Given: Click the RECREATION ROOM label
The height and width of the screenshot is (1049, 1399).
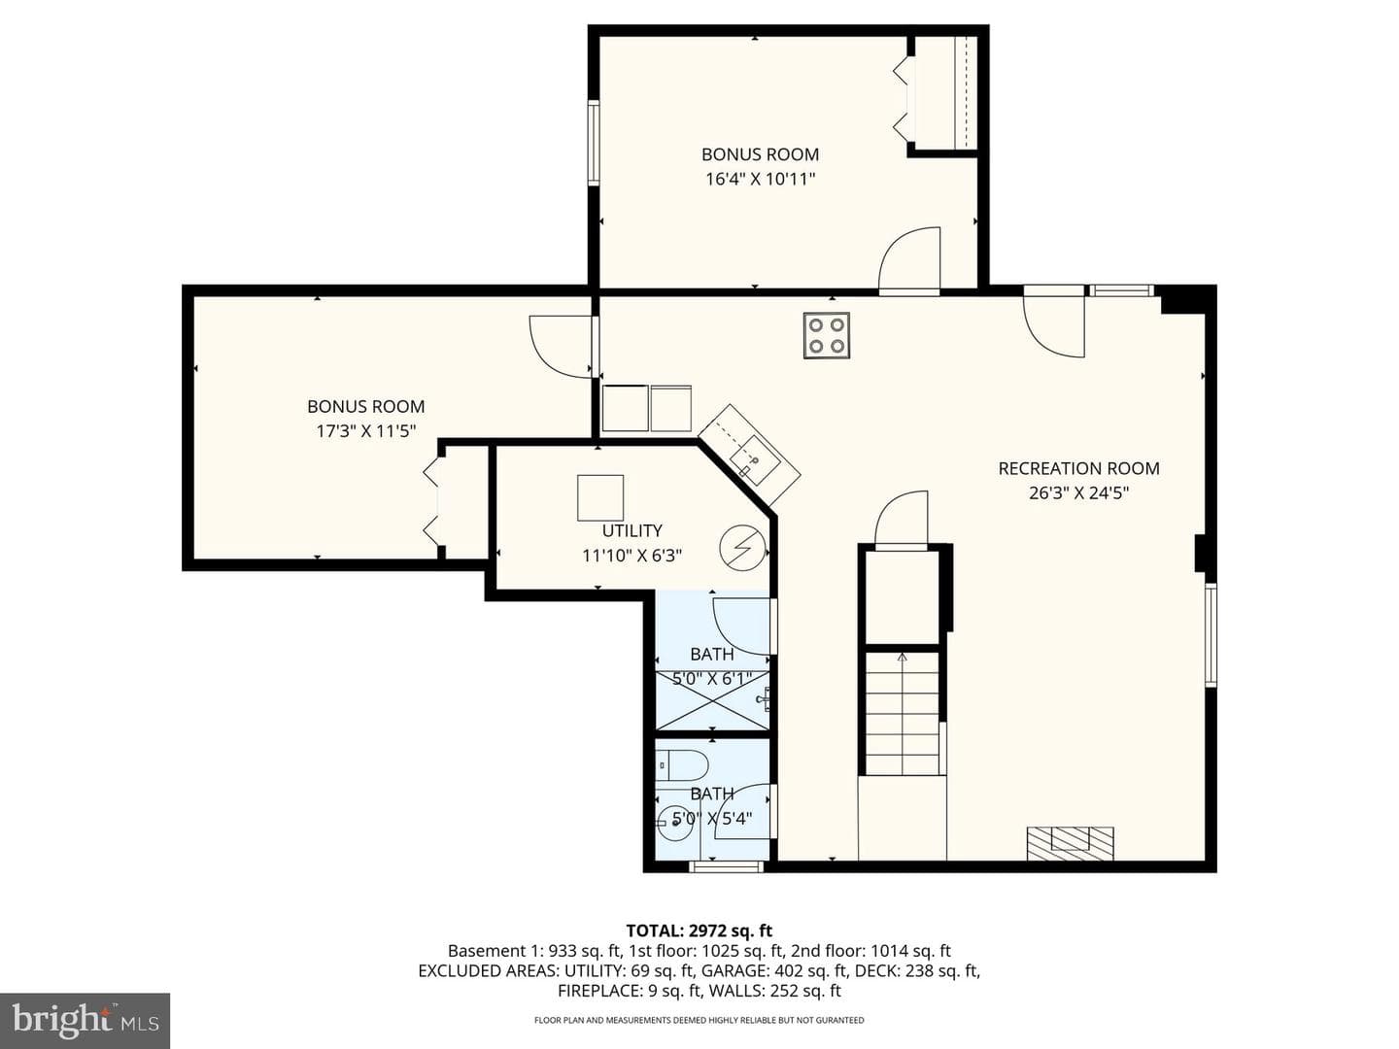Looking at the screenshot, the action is [1078, 469].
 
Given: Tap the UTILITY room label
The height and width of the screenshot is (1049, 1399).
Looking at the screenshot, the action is [631, 530].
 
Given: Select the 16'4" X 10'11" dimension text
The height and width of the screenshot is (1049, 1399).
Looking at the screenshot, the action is [761, 179].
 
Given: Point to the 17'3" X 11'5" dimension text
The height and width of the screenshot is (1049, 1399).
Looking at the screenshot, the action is [366, 431].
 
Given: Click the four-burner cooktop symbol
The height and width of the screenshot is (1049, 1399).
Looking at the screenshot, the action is [827, 336].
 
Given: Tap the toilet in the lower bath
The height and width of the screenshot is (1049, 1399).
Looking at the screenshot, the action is [683, 765].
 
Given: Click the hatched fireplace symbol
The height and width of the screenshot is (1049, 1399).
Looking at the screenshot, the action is [1070, 844].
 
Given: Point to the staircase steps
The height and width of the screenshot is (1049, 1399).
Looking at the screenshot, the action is [902, 713].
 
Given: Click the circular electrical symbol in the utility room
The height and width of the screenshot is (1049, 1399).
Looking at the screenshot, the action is [742, 547].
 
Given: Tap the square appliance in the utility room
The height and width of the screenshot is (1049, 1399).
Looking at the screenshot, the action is [600, 497].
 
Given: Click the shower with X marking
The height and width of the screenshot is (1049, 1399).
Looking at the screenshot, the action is [712, 700].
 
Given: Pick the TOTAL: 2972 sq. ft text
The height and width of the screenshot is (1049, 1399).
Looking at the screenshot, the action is [699, 931].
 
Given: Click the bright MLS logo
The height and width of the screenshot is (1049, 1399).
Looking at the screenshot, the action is [85, 1020].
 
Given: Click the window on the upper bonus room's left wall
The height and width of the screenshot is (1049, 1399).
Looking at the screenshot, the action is [594, 144].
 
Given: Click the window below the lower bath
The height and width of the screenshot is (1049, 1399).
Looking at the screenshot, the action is [727, 866].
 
